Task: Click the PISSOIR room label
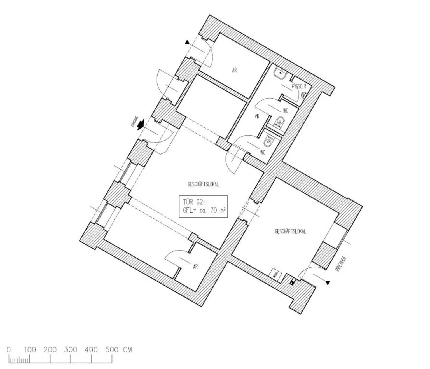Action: click(x=299, y=87)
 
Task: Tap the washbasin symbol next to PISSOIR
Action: click(x=280, y=73)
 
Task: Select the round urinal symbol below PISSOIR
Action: click(x=303, y=95)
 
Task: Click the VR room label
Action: click(x=257, y=116)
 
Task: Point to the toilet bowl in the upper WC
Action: click(x=279, y=122)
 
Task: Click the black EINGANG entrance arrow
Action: click(x=141, y=125)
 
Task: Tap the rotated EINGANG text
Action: click(x=135, y=122)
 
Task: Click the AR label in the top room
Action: click(x=234, y=70)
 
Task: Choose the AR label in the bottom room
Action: click(x=195, y=267)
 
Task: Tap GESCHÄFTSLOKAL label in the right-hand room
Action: click(x=290, y=232)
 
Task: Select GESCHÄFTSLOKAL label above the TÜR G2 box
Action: click(x=203, y=184)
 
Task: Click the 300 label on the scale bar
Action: click(x=71, y=350)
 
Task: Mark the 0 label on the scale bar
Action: click(x=9, y=350)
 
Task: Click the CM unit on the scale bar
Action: click(x=127, y=350)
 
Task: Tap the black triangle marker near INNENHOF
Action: click(x=328, y=283)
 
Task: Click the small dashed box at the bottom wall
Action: click(x=276, y=274)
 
